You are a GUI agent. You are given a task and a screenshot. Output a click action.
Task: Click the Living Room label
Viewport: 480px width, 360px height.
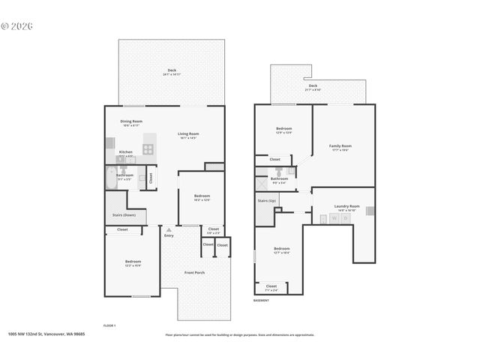pos(187,134)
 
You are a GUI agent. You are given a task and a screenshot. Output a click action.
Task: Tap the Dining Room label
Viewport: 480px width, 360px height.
pos(132,121)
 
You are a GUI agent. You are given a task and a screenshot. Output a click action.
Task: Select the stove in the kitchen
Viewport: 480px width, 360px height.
pos(148,148)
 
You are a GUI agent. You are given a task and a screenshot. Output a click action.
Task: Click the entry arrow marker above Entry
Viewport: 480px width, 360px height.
pos(169,229)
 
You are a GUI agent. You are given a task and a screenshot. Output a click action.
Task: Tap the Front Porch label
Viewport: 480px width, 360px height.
pos(195,272)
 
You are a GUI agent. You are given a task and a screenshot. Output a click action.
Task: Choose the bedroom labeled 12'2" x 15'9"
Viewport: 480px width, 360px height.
pos(132,262)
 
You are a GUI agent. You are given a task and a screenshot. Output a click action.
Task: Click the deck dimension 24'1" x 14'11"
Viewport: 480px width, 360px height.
pos(172,75)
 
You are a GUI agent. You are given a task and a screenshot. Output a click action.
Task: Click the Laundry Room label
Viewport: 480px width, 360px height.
pos(347,206)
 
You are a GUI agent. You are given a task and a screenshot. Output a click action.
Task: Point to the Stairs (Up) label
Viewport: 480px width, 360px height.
pos(267,201)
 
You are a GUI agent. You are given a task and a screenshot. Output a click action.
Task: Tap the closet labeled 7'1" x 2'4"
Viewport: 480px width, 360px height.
pos(271,287)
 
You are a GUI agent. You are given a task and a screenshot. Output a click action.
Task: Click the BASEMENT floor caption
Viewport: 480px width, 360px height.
pos(261,300)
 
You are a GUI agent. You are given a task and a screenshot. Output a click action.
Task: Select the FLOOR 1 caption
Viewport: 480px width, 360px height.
pos(109,325)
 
